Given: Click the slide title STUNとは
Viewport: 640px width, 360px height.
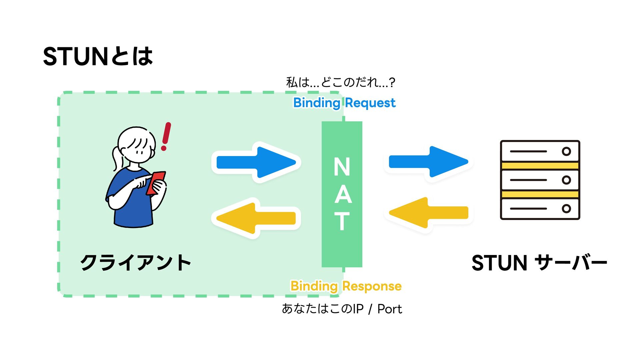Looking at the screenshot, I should pos(98,56).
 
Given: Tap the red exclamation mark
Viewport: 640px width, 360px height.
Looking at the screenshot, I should pos(166,136).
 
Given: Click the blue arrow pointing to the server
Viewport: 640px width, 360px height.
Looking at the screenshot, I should pos(429,162).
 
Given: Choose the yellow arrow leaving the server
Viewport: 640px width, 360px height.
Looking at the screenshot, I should pos(429,213).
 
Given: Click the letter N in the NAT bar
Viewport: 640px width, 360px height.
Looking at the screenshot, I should pos(342,167).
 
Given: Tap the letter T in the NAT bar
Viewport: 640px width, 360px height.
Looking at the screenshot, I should pos(342,221).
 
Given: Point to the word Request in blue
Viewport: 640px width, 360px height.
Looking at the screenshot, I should pos(370,103).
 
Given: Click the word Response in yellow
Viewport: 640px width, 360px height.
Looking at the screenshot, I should pos(372,286).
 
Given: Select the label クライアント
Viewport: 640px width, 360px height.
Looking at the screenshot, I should pos(135,263).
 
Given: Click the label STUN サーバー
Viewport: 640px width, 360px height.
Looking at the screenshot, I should pos(539,263).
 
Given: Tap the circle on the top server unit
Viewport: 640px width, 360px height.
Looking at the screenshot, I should pos(566,151).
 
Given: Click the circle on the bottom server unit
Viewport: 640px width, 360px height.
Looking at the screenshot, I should pos(566,209).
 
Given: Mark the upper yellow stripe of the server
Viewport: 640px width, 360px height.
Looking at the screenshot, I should pos(540,166).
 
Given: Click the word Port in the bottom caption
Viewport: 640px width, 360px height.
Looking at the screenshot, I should pos(390,309).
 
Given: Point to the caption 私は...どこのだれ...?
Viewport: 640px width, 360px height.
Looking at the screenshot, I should pos(340,82).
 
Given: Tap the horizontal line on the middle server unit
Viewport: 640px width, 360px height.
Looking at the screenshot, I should pos(528,180).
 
